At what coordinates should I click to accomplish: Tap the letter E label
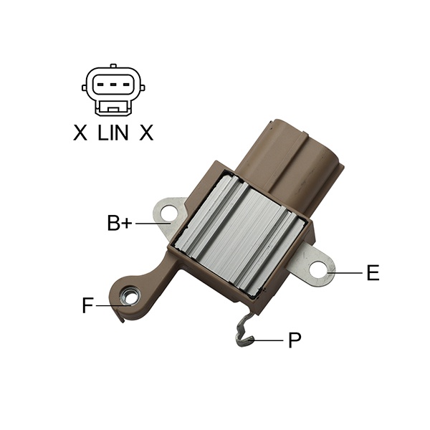[x=373, y=273]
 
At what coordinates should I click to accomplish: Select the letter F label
[x=87, y=305]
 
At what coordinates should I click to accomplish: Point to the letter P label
[x=295, y=340]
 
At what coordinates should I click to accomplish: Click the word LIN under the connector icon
[x=113, y=133]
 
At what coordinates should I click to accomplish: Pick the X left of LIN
[x=80, y=133]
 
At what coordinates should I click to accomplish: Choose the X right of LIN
[x=146, y=133]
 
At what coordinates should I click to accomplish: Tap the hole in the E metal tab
[x=317, y=269]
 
